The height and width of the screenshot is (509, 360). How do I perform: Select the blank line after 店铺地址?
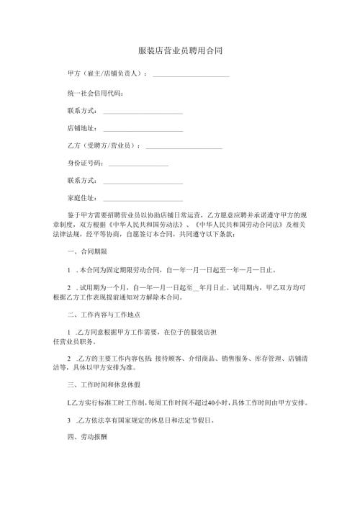tap(143, 130)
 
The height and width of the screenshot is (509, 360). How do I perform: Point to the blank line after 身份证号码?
tap(137, 166)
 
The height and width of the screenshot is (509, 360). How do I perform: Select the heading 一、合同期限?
tap(86, 251)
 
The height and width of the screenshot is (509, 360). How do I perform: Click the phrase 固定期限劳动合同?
tap(124, 271)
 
